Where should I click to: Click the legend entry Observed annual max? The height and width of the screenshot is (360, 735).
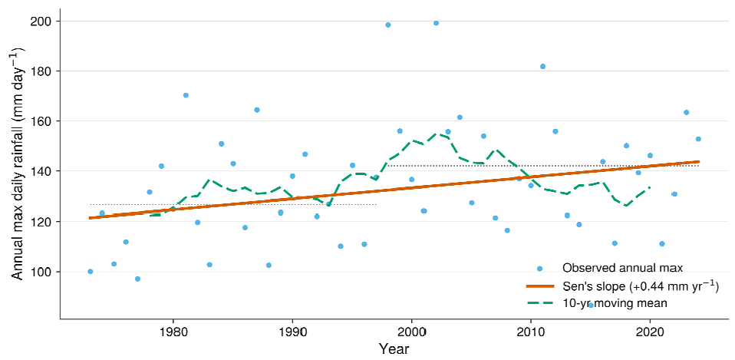coord(622,268)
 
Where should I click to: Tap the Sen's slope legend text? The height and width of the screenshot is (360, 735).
coord(641,286)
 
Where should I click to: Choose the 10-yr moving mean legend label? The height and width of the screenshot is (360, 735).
coord(614,303)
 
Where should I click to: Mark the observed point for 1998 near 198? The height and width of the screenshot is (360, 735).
coord(387,25)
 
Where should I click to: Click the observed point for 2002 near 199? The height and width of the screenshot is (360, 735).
coord(436,23)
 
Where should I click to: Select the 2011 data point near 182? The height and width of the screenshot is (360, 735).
coord(543,67)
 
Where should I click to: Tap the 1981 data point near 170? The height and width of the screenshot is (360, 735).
coord(186,95)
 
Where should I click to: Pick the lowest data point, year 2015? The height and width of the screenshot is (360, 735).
coord(591,306)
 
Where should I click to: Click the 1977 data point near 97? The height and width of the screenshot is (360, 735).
coord(137,279)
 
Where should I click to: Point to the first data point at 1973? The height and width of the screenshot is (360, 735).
coord(90,272)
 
